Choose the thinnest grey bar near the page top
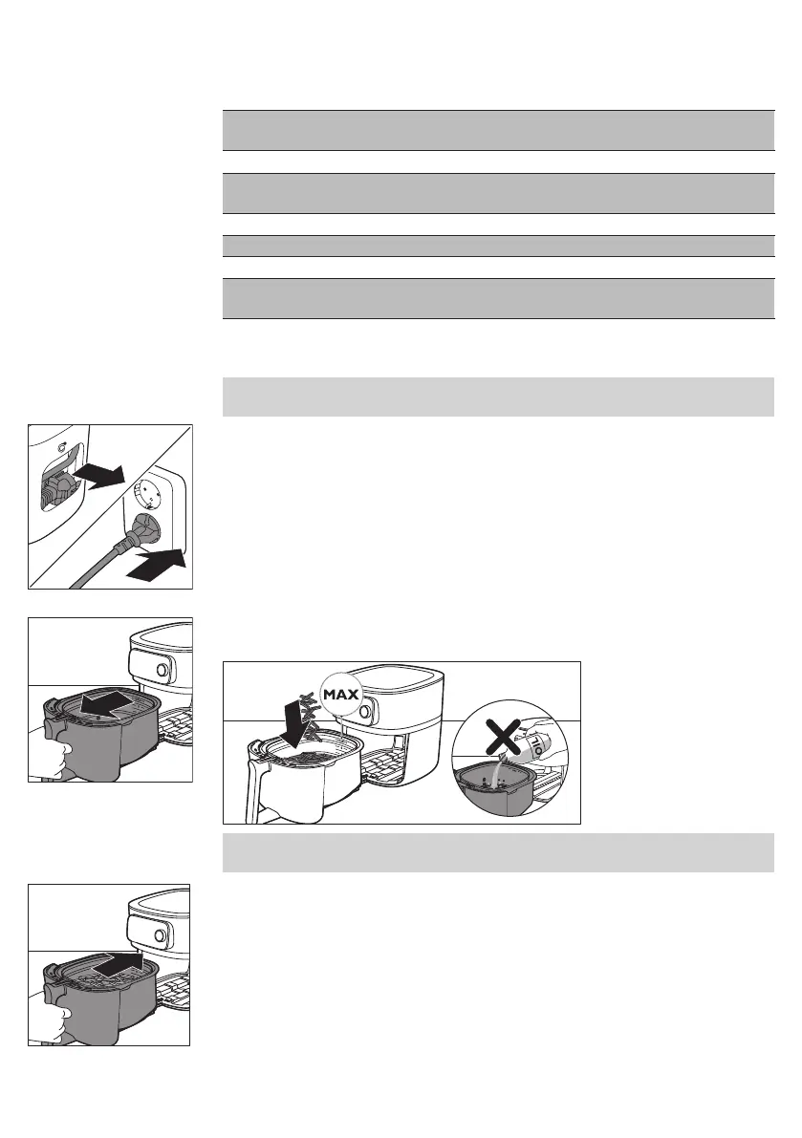[x=497, y=246]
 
